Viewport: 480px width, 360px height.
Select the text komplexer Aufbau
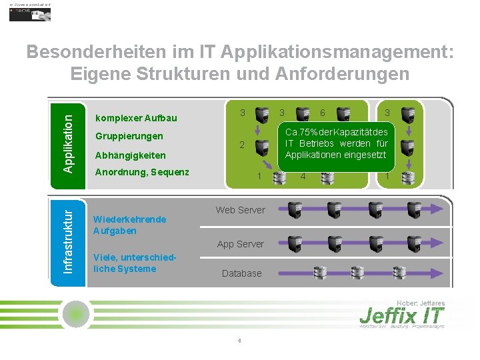(136, 118)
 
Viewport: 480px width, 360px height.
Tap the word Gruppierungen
(129, 136)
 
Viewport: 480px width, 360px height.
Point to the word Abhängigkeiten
(131, 155)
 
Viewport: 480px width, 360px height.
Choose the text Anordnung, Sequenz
(142, 172)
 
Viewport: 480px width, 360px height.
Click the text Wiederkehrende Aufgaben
(129, 225)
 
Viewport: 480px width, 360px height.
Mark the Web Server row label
(240, 210)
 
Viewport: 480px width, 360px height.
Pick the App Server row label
(240, 244)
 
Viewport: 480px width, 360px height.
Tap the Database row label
(241, 273)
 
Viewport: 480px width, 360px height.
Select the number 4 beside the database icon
(303, 177)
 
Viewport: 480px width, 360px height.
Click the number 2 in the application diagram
(243, 145)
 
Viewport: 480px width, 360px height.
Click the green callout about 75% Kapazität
(337, 143)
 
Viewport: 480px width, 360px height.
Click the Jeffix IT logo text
(401, 313)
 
